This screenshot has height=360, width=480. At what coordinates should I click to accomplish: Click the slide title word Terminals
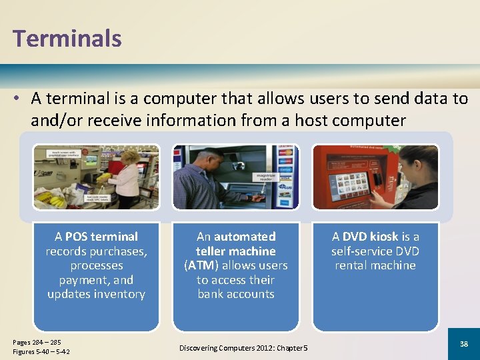(67, 38)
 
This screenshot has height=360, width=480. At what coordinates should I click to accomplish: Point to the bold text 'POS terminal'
(101, 237)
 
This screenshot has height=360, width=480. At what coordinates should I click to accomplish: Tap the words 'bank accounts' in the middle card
(236, 294)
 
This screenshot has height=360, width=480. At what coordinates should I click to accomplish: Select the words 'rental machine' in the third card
(375, 265)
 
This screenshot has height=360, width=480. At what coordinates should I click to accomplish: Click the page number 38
(464, 344)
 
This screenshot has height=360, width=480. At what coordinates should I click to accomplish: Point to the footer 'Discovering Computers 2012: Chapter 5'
(243, 349)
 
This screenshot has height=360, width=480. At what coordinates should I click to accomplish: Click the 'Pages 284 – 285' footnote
(37, 342)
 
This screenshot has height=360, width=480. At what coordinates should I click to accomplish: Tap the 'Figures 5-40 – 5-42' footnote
(41, 352)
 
